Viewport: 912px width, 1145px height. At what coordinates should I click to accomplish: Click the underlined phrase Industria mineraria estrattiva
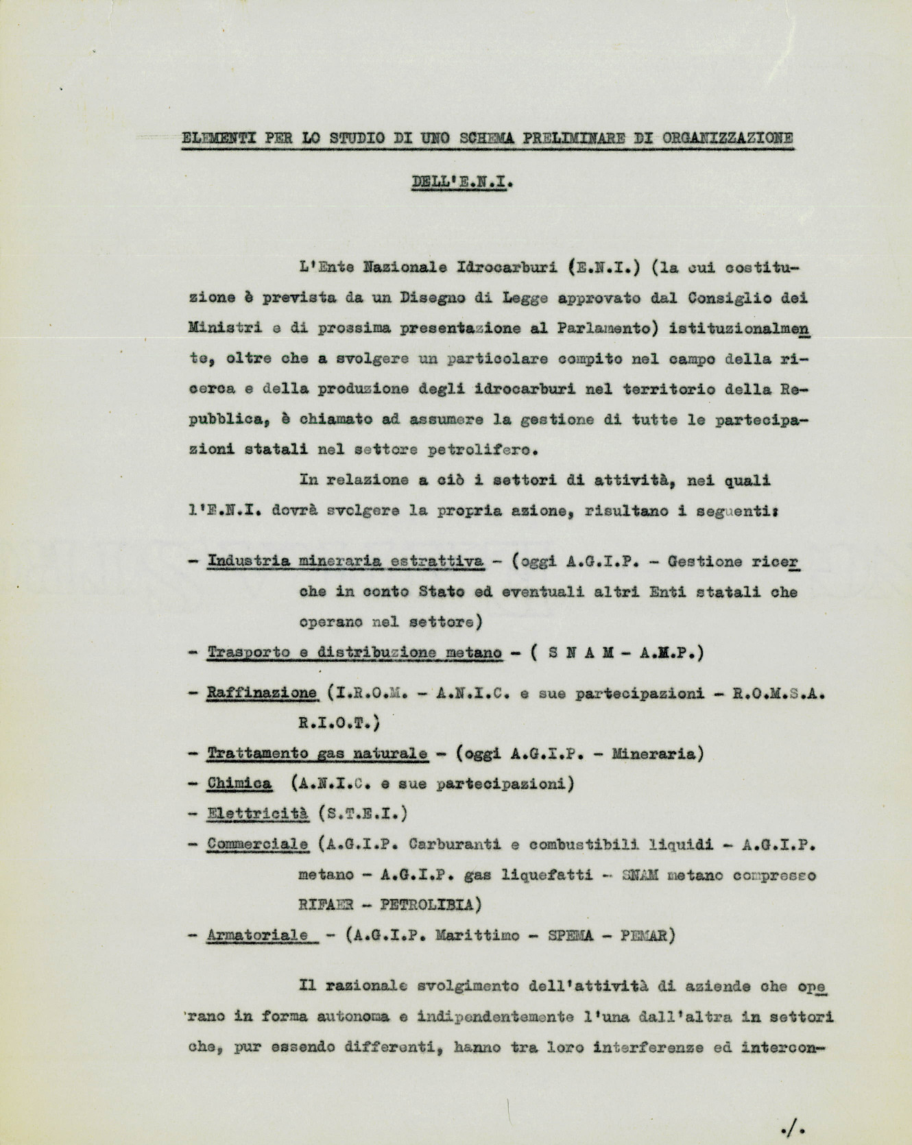click(345, 562)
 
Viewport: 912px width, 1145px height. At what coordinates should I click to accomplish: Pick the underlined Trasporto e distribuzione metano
click(354, 652)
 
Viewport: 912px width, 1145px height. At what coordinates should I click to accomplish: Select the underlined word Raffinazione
click(262, 692)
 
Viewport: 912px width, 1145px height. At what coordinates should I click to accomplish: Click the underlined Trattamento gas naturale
click(317, 754)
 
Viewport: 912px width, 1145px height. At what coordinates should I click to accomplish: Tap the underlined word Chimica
click(239, 783)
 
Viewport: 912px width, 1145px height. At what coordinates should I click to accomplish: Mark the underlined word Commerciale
click(257, 844)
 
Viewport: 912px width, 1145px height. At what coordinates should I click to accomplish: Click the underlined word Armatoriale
click(257, 935)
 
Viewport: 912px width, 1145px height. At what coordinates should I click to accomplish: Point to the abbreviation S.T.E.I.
click(363, 814)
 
